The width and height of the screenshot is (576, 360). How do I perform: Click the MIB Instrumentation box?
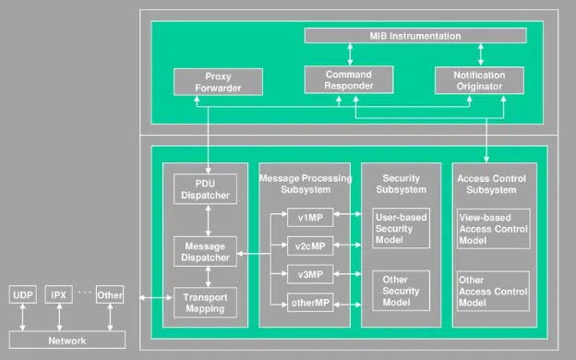coord(414,36)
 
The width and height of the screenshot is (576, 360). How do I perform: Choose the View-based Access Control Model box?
coord(493,228)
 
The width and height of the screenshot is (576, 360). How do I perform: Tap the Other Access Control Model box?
coord(493,291)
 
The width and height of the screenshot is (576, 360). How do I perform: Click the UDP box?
coord(21,295)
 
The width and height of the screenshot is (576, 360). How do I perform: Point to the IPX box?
coord(59,295)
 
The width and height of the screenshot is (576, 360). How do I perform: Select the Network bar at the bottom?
coord(66,341)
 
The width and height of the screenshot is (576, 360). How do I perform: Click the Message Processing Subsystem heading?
coord(305,183)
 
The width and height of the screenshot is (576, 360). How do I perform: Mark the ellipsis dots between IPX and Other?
coord(84,293)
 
